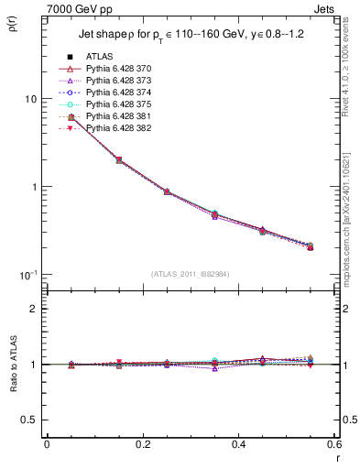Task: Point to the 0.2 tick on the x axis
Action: coord(142,444)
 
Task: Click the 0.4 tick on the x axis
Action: coord(238,444)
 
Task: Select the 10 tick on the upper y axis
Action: coord(29,99)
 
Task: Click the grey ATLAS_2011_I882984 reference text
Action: coord(190,275)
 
